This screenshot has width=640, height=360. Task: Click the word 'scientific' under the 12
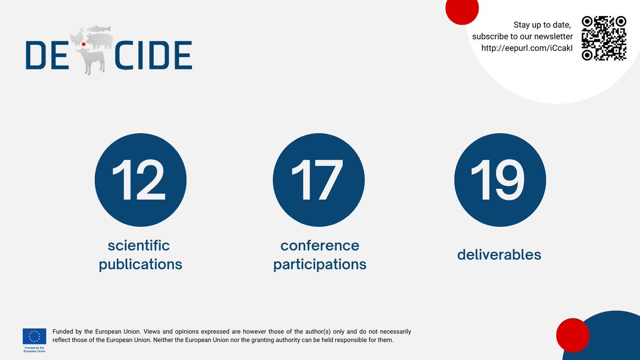[x=139, y=245]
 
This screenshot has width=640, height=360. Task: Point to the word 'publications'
[x=140, y=264]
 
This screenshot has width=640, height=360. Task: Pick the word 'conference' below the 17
[x=319, y=245]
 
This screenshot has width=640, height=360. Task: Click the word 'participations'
[x=319, y=264]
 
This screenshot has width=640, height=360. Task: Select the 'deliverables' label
[x=499, y=255]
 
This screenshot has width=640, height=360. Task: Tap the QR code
[x=603, y=38]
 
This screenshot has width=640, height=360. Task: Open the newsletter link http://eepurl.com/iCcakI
[x=527, y=48]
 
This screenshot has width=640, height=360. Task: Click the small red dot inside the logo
[x=76, y=44]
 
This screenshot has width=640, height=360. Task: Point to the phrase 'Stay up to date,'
[x=542, y=25]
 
